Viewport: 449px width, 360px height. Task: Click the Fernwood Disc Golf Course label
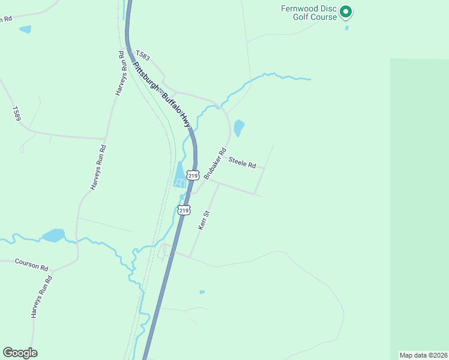coord(309,13)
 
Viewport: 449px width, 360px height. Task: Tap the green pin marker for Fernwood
coord(346,11)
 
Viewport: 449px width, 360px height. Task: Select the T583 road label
coord(143,55)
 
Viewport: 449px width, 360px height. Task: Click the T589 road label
coord(16,113)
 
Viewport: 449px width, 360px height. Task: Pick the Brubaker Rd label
coord(214,164)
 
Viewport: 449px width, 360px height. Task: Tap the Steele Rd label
coord(243,163)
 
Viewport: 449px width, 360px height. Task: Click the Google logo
coord(20,353)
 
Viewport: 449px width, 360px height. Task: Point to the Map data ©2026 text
coord(423,355)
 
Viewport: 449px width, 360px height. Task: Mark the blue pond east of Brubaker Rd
coord(239,127)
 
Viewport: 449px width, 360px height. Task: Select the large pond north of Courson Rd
coord(53,235)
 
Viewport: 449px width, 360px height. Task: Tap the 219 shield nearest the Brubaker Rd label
coord(192,175)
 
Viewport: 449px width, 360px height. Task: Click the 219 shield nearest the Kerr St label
coord(184,211)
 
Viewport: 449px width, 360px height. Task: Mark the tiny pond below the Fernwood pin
coord(346,28)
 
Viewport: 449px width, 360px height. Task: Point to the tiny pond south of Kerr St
coord(202,292)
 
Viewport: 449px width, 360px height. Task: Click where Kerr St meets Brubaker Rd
coord(218,184)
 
